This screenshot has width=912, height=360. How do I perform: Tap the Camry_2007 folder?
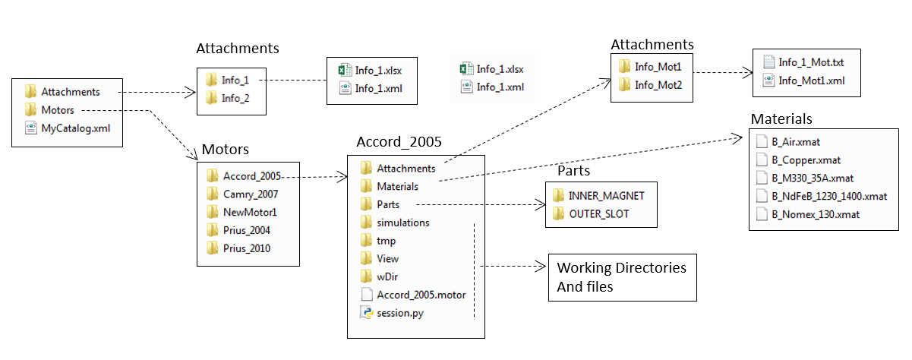tap(244, 194)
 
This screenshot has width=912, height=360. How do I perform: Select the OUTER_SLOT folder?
tap(597, 214)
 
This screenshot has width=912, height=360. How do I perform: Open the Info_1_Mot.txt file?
tap(803, 62)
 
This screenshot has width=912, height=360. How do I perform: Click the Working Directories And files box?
tap(622, 277)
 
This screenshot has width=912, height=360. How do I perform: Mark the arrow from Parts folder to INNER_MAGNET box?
tap(478, 204)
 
